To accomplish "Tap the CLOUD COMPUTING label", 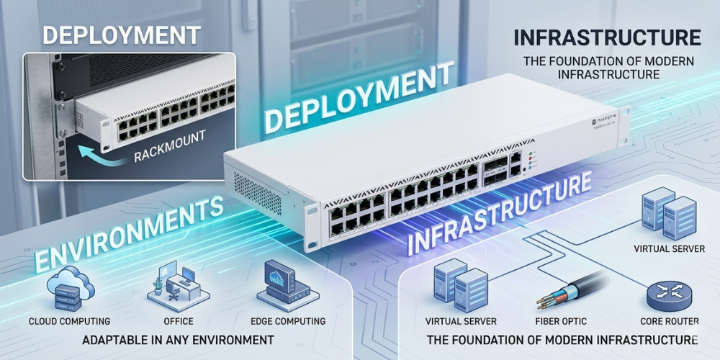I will [x=69, y=321].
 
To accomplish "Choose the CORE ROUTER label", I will [x=670, y=321].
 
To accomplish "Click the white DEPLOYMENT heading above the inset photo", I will [x=120, y=34].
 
